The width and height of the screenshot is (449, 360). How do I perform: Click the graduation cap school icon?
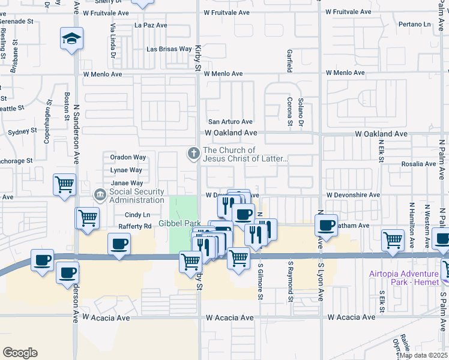(71, 39)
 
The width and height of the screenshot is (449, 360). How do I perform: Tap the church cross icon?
(193, 154)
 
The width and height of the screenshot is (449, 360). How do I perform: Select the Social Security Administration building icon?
(100, 196)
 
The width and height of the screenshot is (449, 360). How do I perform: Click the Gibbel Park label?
(179, 223)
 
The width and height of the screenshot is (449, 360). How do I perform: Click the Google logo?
(20, 352)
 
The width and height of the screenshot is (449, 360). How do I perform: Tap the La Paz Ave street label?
(151, 26)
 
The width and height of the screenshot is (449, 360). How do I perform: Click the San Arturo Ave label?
(230, 122)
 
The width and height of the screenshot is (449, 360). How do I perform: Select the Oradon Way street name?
(128, 157)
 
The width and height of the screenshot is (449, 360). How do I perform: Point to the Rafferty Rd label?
(138, 226)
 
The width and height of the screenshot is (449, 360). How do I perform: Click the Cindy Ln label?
(137, 215)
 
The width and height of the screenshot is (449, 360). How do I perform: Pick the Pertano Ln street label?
(415, 25)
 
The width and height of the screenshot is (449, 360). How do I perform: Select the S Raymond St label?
(291, 281)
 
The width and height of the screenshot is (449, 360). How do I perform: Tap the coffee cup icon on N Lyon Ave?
(326, 225)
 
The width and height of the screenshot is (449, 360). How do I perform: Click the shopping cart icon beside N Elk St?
(393, 239)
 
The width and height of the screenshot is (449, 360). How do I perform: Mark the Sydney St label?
(23, 131)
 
